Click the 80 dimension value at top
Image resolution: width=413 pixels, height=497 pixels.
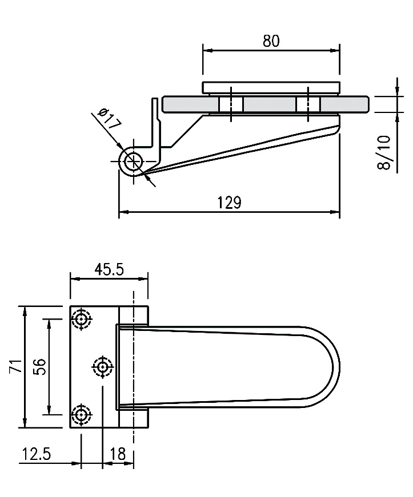(x=271, y=41)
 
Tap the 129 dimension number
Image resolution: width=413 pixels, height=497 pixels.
(x=229, y=202)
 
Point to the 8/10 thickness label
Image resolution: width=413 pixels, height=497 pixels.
(x=384, y=152)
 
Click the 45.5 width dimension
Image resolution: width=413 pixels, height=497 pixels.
(x=109, y=269)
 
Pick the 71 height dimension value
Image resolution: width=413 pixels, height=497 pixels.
(x=16, y=366)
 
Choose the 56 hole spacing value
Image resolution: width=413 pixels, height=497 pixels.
(x=40, y=367)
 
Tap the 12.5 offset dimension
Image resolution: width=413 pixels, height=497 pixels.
(x=36, y=454)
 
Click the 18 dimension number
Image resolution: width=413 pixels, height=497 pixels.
(x=118, y=454)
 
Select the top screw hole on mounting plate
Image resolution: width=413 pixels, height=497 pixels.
(x=82, y=318)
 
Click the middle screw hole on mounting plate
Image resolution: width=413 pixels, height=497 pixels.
(x=102, y=367)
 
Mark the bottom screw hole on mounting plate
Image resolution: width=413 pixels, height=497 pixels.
(x=82, y=414)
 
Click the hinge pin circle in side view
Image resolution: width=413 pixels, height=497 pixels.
(x=134, y=161)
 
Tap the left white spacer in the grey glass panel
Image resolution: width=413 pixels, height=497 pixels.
(x=231, y=104)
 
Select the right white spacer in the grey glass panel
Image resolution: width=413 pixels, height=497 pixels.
(x=308, y=104)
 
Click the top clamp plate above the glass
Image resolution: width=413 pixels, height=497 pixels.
(x=271, y=87)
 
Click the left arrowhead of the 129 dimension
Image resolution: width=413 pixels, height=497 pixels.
(x=123, y=212)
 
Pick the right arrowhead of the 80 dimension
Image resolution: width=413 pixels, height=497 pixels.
(x=335, y=50)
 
